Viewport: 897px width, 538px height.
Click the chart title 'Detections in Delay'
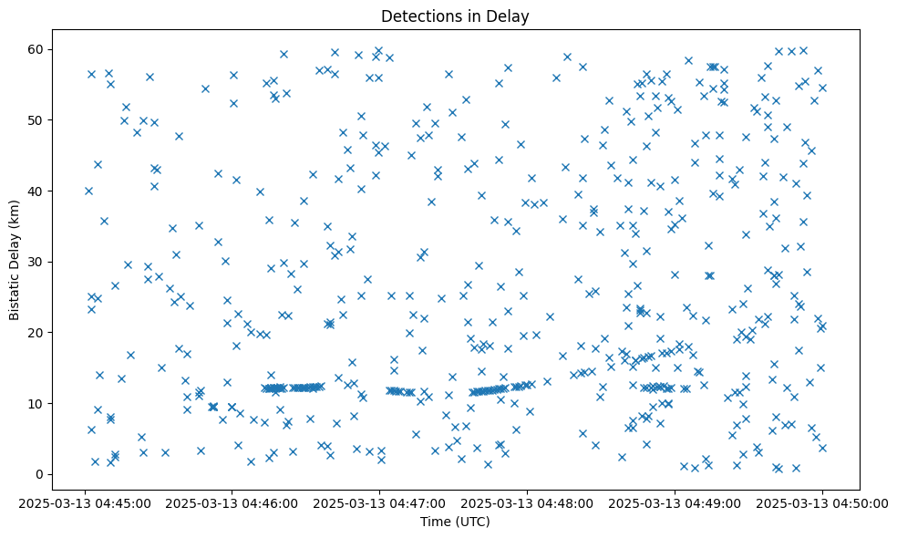pyautogui.click(x=455, y=16)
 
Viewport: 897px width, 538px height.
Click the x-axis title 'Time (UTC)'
pyautogui.click(x=455, y=522)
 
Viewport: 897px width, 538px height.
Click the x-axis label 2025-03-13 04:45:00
pyautogui.click(x=84, y=502)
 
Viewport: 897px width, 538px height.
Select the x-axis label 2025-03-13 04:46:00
pyautogui.click(x=232, y=502)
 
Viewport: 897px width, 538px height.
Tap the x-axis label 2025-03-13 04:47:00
pyautogui.click(x=379, y=502)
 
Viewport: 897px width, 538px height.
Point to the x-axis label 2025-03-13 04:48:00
pyautogui.click(x=527, y=502)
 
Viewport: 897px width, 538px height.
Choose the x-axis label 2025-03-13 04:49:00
pyautogui.click(x=675, y=502)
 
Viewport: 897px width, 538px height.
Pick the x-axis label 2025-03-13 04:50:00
pyautogui.click(x=822, y=502)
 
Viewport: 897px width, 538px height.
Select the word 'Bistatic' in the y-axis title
pyautogui.click(x=15, y=294)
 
